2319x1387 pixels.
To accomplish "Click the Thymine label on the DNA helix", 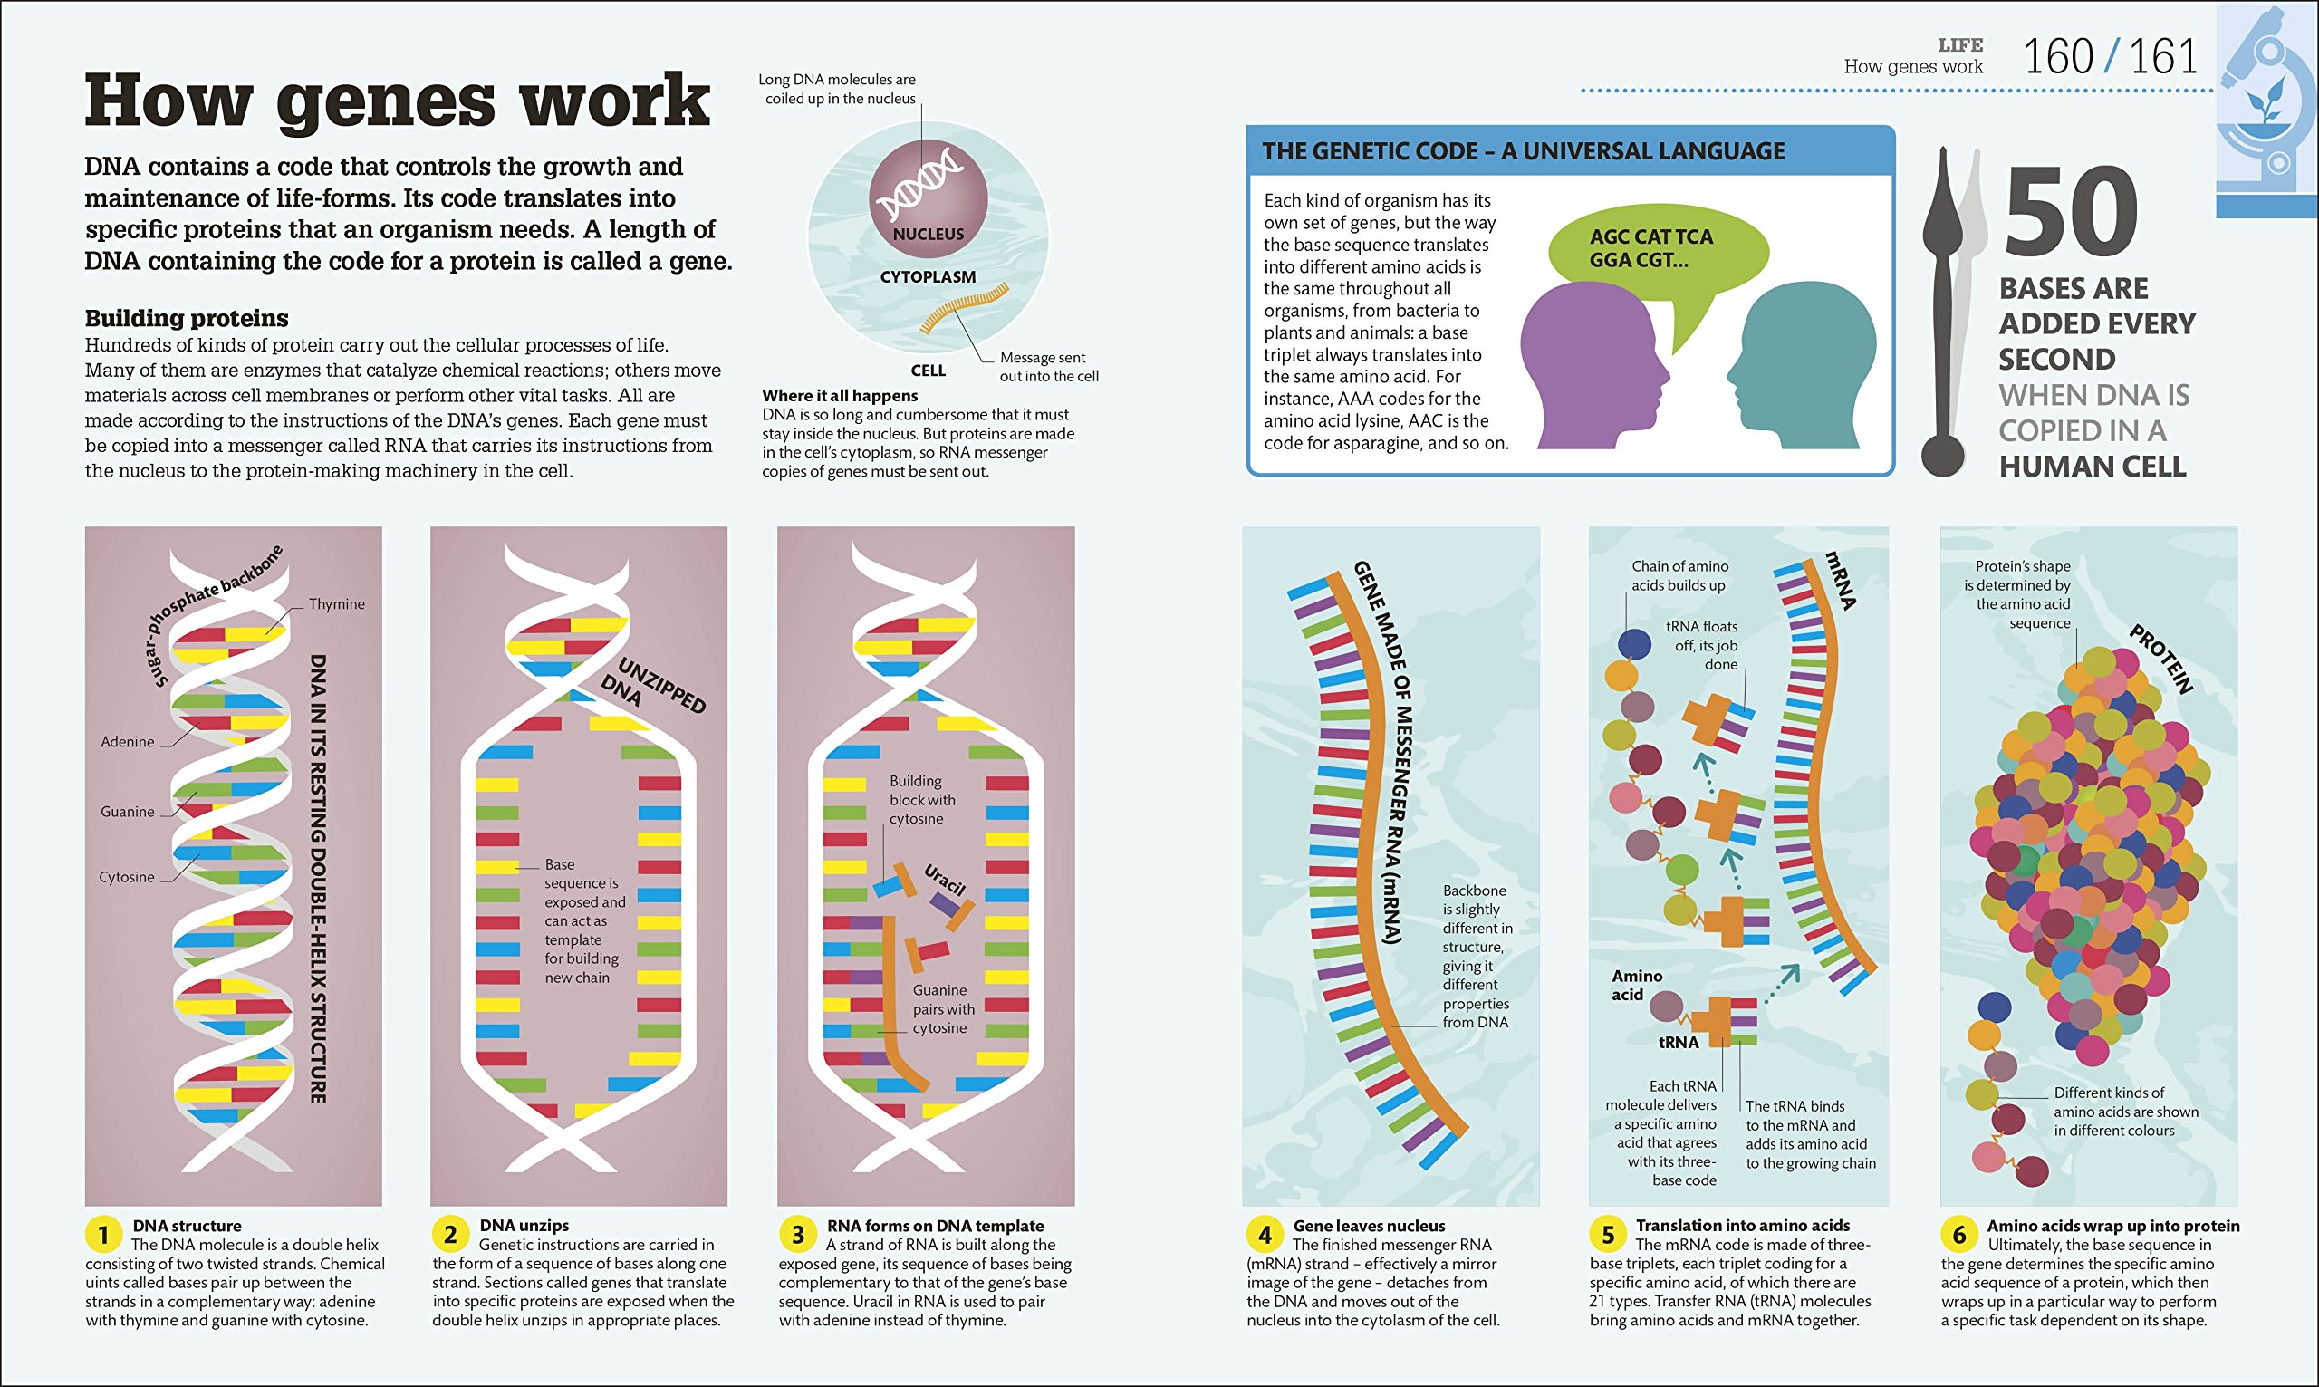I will (336, 603).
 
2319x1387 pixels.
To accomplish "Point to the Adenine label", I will (127, 742).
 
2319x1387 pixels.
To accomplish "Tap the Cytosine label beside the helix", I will (126, 877).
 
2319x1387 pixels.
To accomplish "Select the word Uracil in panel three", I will (945, 880).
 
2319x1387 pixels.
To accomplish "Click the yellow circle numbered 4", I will (1265, 1235).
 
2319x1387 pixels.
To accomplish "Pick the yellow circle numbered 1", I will (102, 1235).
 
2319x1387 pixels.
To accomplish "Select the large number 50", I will (2071, 213).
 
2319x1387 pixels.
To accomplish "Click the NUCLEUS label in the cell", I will (928, 235).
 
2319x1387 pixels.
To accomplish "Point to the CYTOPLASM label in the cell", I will (927, 277).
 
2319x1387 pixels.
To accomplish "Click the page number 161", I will (2163, 57).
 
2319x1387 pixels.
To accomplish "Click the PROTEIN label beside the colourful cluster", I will (2161, 660).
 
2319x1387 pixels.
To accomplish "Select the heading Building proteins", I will (186, 318).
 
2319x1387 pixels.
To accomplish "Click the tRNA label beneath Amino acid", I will (1678, 1042).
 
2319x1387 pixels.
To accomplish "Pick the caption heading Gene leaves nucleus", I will (1368, 1226).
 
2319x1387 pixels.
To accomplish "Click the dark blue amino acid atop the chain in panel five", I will (1634, 643).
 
